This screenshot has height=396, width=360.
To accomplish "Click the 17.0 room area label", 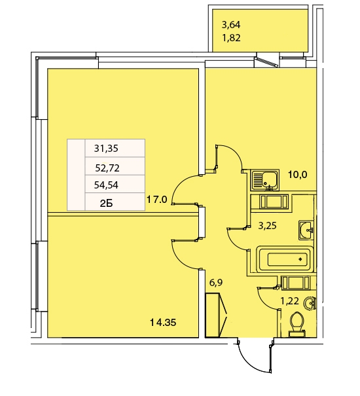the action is pyautogui.click(x=156, y=200).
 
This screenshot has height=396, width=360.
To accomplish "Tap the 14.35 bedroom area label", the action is pyautogui.click(x=163, y=322).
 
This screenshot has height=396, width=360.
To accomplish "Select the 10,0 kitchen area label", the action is pyautogui.click(x=298, y=175).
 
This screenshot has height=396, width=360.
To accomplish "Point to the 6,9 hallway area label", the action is pyautogui.click(x=216, y=283).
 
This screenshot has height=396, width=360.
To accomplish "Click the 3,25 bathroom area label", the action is pyautogui.click(x=267, y=226).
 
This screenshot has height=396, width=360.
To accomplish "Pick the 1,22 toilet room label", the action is pyautogui.click(x=290, y=301).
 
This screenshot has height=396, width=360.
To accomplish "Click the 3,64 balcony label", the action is pyautogui.click(x=231, y=25).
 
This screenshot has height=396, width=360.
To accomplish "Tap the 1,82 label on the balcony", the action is pyautogui.click(x=231, y=38).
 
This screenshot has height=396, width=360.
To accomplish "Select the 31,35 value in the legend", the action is pyautogui.click(x=106, y=148).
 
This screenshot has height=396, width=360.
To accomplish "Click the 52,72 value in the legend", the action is pyautogui.click(x=107, y=168).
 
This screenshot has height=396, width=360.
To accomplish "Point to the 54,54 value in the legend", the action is pyautogui.click(x=106, y=185).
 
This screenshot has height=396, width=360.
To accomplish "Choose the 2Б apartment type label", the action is pyautogui.click(x=106, y=204).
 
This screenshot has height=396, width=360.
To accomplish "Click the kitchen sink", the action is pyautogui.click(x=264, y=180).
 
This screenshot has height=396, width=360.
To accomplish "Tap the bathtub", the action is pyautogui.click(x=285, y=259).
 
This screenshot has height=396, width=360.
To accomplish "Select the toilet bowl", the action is pyautogui.click(x=297, y=324).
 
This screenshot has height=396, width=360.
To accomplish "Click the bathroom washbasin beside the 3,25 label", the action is pyautogui.click(x=306, y=230).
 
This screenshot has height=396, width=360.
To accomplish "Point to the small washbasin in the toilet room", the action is pyautogui.click(x=311, y=303).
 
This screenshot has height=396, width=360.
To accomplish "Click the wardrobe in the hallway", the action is pyautogui.click(x=216, y=315).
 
